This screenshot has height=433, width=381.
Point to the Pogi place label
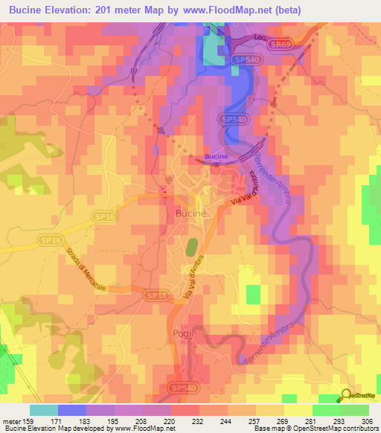(182, 333)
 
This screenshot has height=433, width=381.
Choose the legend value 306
(367, 421)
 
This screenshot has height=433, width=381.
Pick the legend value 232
(198, 421)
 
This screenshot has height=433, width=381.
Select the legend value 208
(141, 421)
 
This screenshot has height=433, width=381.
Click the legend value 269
(283, 421)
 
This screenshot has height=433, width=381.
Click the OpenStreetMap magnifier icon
(346, 395)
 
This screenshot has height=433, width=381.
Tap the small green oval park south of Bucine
(191, 246)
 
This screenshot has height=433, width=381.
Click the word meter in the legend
(10, 421)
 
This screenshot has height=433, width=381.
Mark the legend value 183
(85, 421)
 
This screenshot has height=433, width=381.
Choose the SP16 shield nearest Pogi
(156, 295)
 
